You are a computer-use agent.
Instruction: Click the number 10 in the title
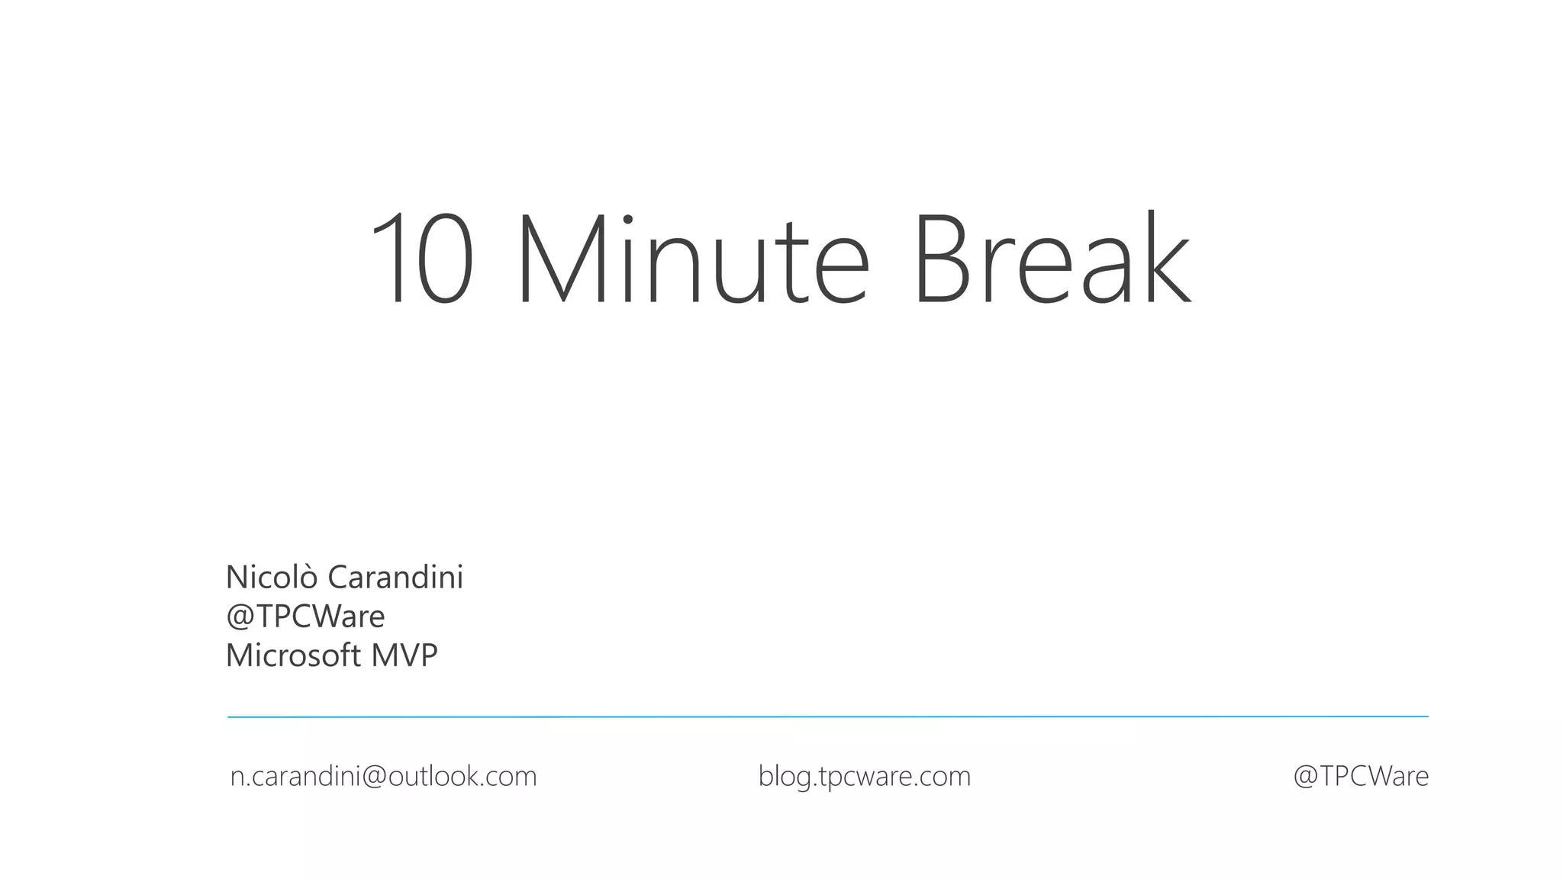[422, 259]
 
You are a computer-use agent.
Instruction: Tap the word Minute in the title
[693, 259]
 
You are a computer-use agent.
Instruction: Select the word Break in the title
[1052, 259]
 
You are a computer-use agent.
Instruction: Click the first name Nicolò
[271, 577]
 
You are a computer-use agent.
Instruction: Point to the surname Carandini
[395, 577]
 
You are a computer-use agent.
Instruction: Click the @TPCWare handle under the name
[305, 617]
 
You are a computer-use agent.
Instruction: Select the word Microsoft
[292, 655]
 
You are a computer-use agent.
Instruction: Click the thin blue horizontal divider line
[827, 717]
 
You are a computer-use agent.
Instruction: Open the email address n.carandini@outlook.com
[383, 777]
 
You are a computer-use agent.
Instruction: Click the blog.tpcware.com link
[864, 777]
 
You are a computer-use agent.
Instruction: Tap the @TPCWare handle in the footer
[1360, 777]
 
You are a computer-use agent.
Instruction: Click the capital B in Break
[943, 259]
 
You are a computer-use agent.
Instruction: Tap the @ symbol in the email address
[374, 777]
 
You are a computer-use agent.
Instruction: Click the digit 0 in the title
[446, 259]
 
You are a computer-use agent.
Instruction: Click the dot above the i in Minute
[628, 220]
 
